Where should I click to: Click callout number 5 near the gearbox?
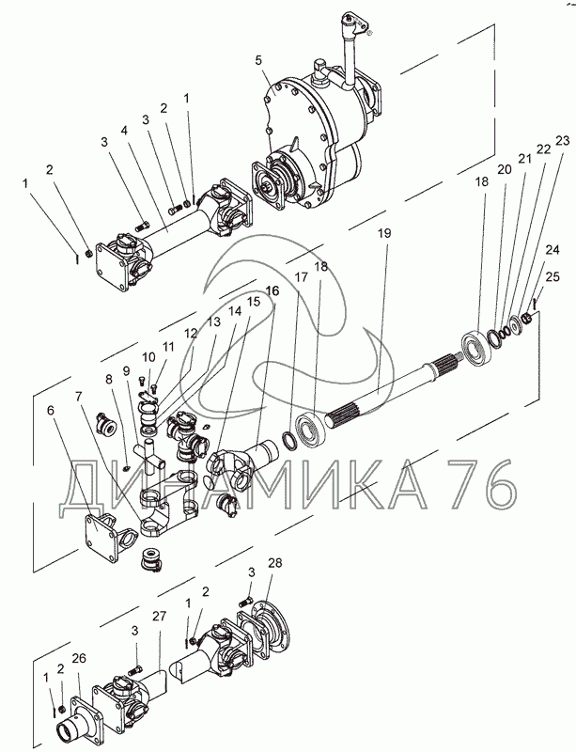(259, 61)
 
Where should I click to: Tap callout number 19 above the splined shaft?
(384, 233)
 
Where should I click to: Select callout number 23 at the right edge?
(563, 140)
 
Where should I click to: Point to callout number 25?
(553, 276)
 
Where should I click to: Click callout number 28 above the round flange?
(274, 563)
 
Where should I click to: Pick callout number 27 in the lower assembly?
(159, 616)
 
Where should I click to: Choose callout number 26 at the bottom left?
(79, 659)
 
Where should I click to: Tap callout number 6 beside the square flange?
(52, 410)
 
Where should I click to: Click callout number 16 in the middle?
(272, 291)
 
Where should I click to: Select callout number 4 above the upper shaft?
(125, 130)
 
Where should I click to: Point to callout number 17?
(301, 277)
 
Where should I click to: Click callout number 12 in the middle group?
(191, 333)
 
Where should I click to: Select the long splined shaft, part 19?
(395, 389)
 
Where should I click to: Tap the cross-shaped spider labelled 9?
(149, 457)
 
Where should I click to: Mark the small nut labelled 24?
(526, 318)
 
